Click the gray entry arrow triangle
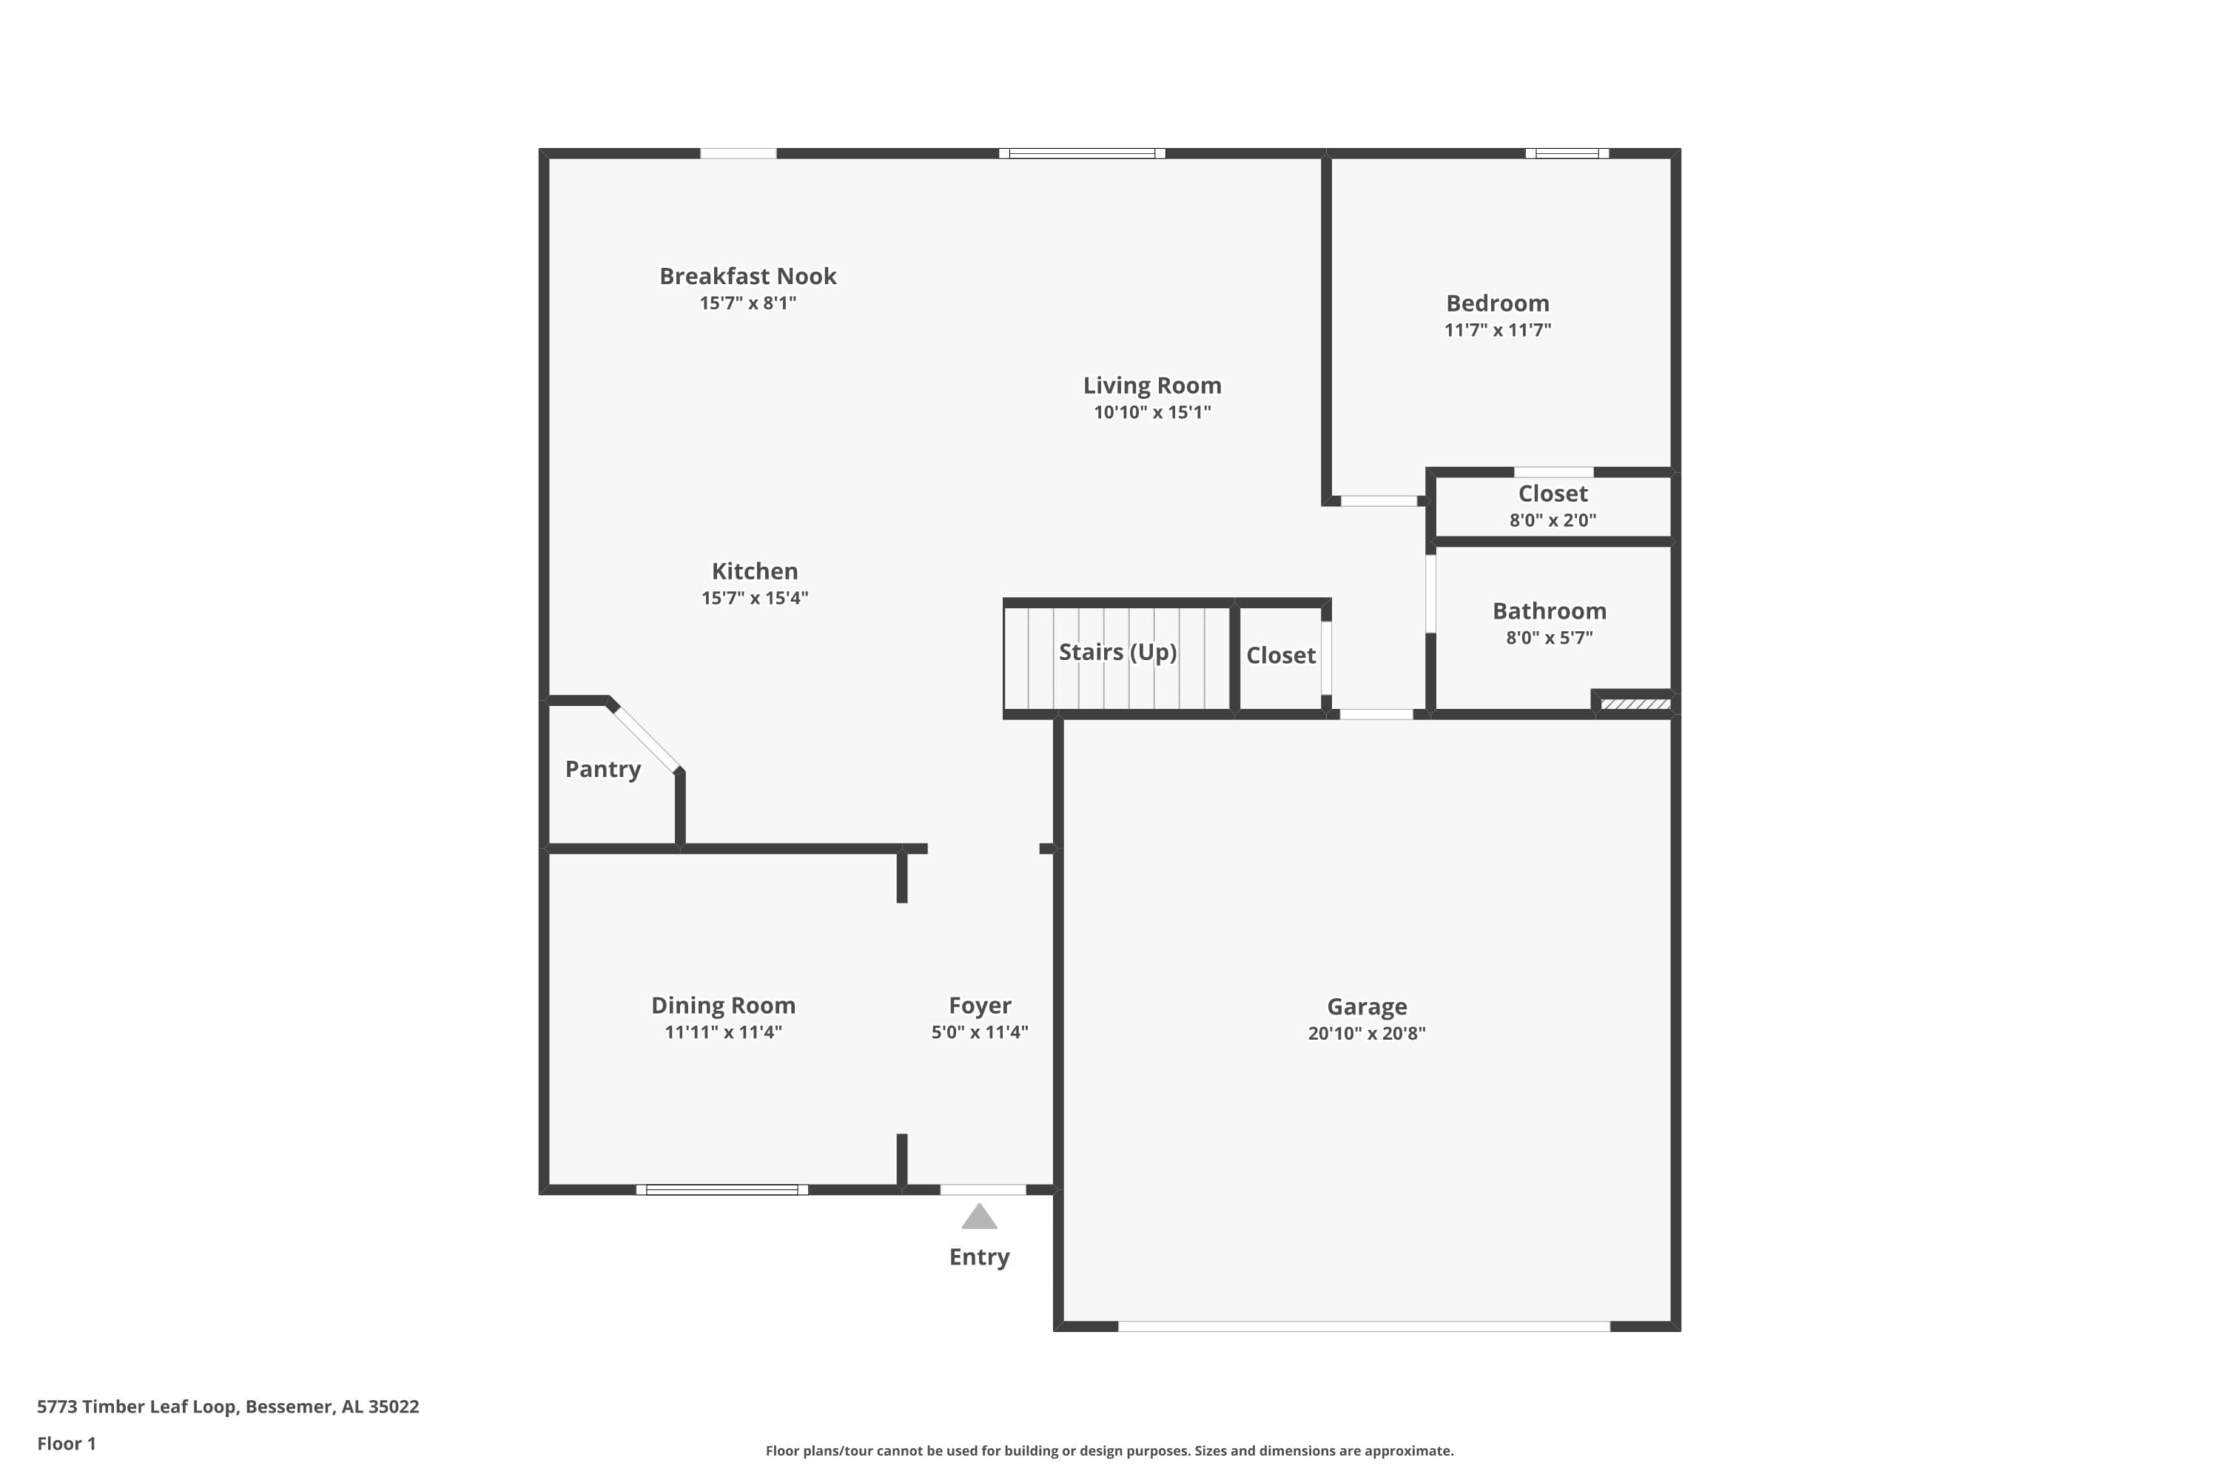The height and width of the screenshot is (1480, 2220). [x=979, y=1217]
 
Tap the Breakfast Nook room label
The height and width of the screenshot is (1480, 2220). [x=747, y=277]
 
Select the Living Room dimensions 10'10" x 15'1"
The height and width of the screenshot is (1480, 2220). [x=1151, y=412]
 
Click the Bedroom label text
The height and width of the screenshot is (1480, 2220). [x=1497, y=304]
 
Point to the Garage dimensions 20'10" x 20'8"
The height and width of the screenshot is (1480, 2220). [x=1366, y=1034]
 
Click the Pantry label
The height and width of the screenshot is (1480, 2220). [x=602, y=770]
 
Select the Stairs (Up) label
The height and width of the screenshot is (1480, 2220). [x=1117, y=652]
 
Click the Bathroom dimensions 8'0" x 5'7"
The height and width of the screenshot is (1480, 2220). [x=1549, y=638]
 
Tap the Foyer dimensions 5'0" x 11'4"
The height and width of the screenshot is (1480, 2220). [x=980, y=1032]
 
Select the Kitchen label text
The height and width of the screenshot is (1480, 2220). [x=754, y=572]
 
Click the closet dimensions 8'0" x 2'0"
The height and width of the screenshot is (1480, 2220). [x=1553, y=520]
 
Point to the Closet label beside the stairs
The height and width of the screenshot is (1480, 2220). [x=1280, y=656]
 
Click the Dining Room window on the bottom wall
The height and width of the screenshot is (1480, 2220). [x=722, y=1189]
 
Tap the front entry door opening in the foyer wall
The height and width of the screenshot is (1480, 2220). [x=983, y=1189]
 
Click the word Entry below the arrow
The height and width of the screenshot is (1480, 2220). [x=979, y=1257]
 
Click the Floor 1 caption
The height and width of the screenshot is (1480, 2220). [x=66, y=1443]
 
